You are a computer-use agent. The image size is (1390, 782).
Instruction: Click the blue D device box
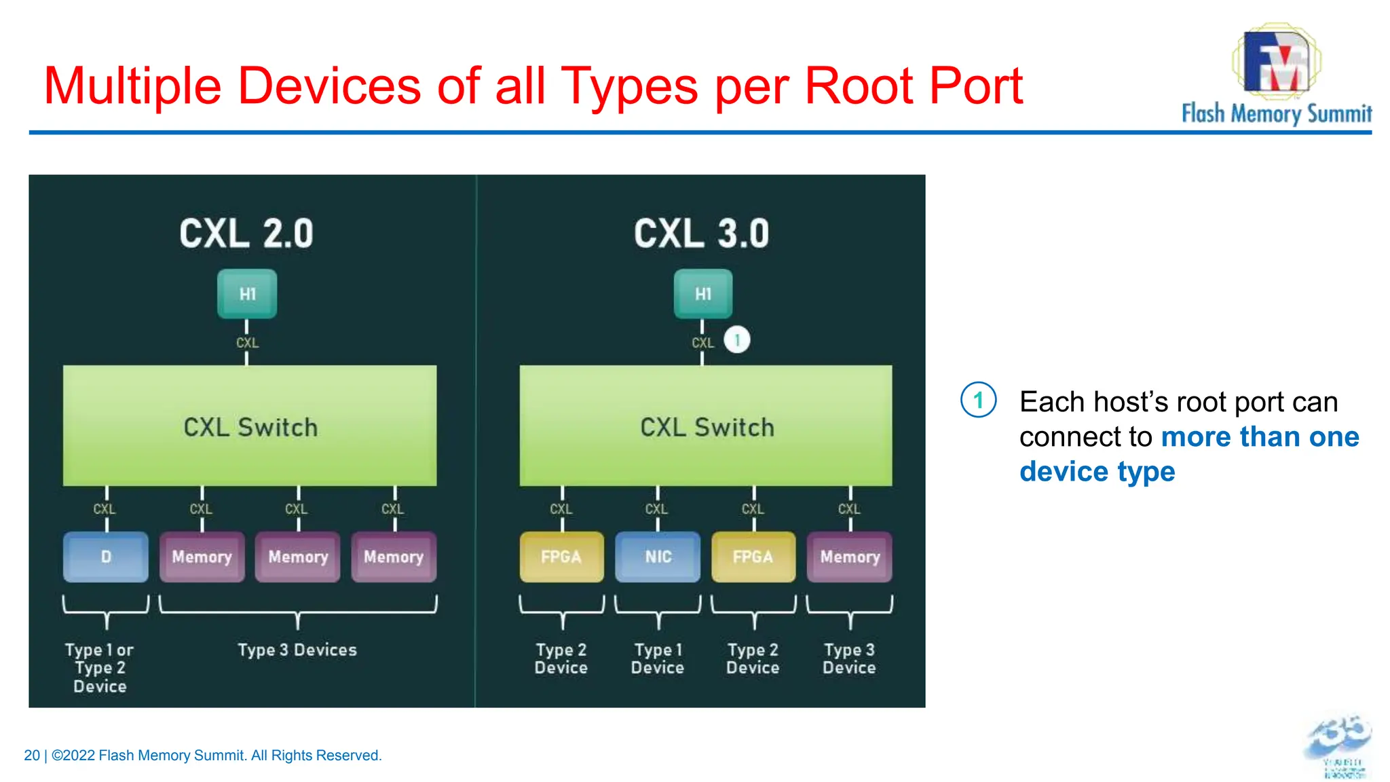click(x=106, y=557)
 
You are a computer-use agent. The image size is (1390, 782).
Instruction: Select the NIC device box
click(x=658, y=557)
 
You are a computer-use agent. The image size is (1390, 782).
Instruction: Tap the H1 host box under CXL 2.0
click(x=247, y=294)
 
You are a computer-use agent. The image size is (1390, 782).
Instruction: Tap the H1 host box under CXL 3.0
click(x=703, y=294)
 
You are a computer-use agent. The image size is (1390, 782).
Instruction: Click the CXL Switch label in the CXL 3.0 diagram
click(x=707, y=427)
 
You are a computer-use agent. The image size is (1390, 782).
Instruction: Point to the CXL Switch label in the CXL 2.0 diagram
click(x=250, y=427)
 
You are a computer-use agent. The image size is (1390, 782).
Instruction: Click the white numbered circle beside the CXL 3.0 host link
click(x=737, y=339)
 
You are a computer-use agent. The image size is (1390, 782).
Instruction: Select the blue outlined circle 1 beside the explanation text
click(x=978, y=400)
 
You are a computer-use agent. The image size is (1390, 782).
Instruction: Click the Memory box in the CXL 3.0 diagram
click(x=850, y=557)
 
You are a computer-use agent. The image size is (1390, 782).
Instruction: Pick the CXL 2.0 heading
click(x=246, y=234)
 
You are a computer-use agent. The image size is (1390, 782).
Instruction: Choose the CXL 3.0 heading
click(x=702, y=234)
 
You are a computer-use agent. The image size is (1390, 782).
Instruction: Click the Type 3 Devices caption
click(x=297, y=650)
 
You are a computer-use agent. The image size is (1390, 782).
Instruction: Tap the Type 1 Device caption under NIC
click(x=657, y=658)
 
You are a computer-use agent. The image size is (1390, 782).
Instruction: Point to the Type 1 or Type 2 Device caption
click(x=100, y=667)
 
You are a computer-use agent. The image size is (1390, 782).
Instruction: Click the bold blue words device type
click(x=1097, y=471)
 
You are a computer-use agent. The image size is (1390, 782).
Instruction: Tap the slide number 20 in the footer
click(x=31, y=756)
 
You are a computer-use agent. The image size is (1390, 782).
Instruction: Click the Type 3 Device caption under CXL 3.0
click(x=849, y=658)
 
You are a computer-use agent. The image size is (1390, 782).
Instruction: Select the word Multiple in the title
click(x=132, y=86)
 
